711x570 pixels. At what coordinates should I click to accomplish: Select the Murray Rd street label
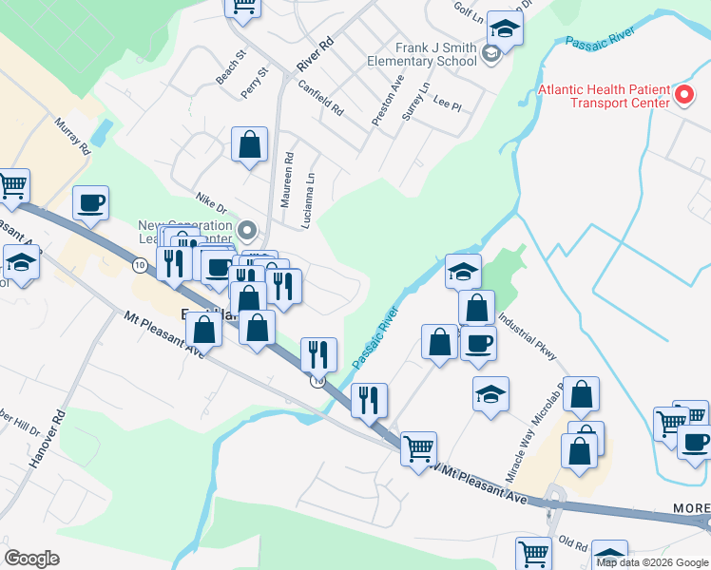click(72, 136)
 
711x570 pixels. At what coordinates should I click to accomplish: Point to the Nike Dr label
click(211, 201)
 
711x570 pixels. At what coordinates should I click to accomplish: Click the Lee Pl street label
click(447, 100)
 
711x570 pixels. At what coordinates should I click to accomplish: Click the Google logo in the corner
click(31, 559)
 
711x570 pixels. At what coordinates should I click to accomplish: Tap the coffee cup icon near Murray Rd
click(90, 202)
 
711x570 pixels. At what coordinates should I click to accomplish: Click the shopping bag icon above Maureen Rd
click(249, 145)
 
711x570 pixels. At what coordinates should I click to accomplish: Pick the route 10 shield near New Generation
click(140, 265)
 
